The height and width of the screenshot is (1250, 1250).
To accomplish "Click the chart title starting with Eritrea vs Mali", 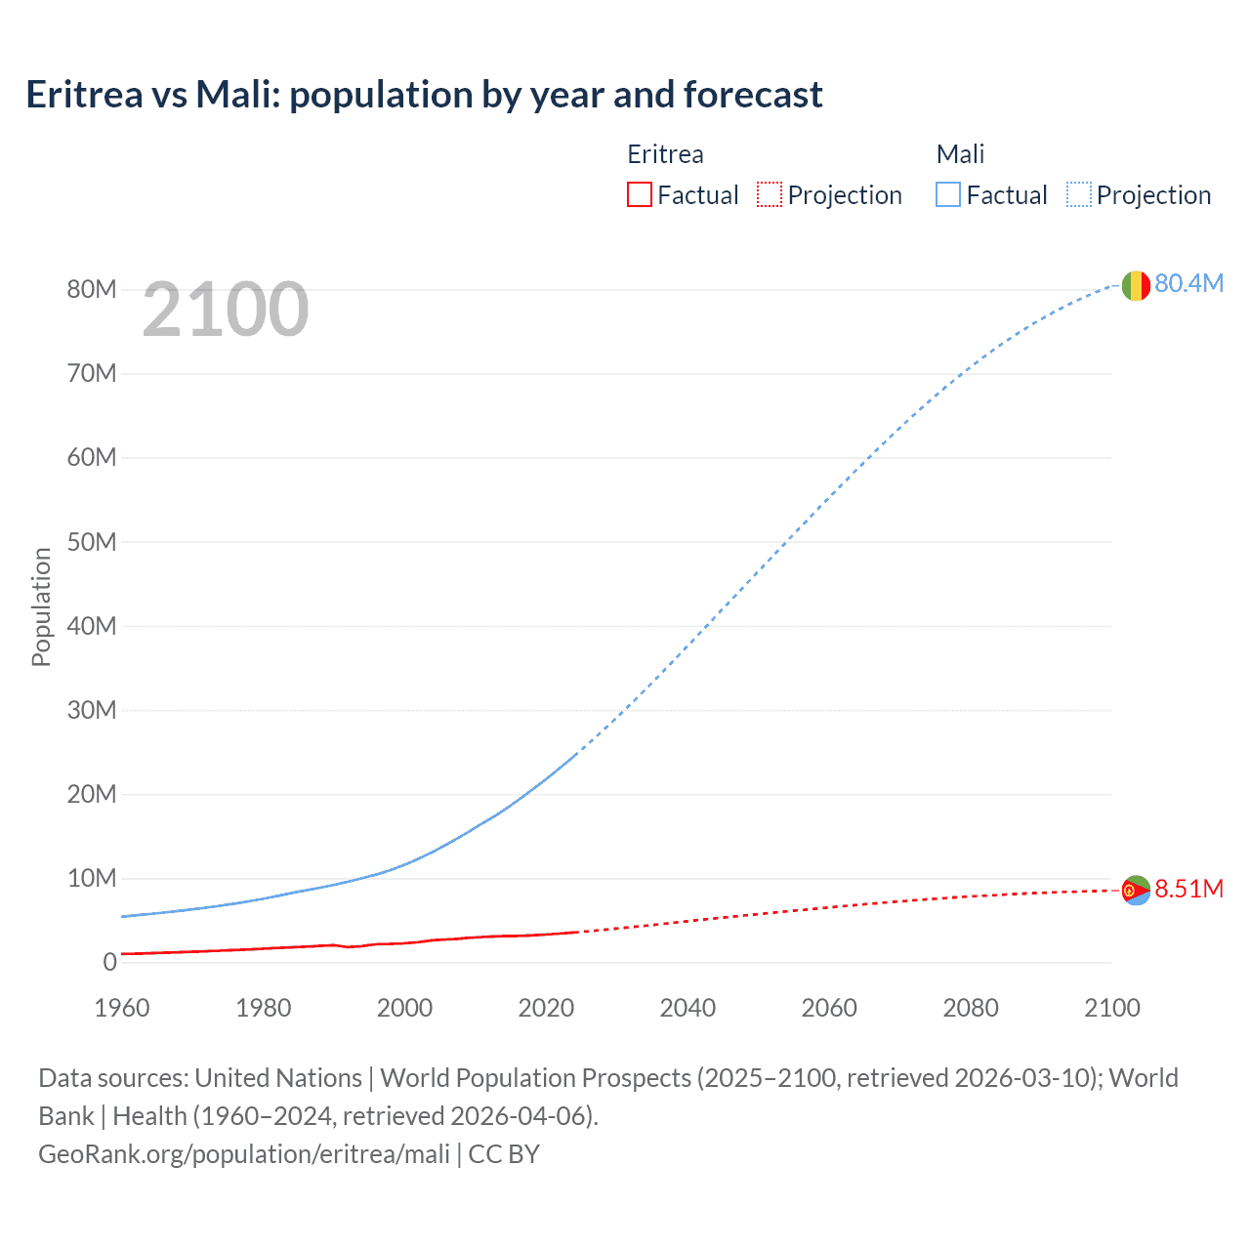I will point(424,95).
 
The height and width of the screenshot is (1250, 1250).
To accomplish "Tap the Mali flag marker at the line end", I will point(1135,285).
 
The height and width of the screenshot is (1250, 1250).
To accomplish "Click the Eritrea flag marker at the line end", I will point(1135,890).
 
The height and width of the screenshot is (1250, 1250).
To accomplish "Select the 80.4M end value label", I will point(1188,283).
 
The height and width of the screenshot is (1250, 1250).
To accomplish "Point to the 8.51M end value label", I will point(1188,889).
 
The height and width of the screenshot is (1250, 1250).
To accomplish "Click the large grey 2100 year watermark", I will point(226,310).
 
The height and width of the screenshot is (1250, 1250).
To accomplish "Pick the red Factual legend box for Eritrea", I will point(640,195).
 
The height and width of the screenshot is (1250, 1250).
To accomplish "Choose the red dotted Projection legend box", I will point(770,195).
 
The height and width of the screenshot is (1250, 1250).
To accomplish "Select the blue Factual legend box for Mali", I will point(948,195).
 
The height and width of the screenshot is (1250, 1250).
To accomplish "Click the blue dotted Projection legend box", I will point(1079,195).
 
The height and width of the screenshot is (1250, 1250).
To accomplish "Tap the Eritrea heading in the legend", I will point(665,154).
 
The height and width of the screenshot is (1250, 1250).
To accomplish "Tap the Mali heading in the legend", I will point(960,154).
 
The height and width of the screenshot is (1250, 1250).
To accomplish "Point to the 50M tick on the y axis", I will point(92,542).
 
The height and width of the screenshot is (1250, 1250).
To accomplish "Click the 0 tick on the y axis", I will point(109,963).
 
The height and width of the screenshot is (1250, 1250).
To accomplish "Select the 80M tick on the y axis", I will point(92,289).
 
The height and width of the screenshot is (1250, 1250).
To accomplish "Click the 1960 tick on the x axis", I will point(122,1008).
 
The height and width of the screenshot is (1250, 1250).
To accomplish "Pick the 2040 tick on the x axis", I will point(687,1008).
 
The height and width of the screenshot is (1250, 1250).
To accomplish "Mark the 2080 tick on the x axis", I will point(971,1008).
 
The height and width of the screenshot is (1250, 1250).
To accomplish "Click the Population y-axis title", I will point(41,606).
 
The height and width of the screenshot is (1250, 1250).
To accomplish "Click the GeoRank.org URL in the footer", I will point(244,1154).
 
